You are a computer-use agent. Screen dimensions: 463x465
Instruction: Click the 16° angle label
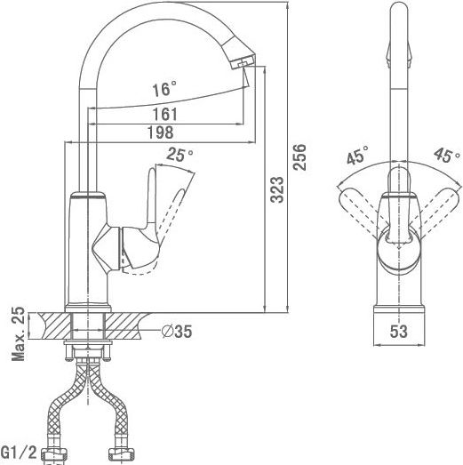tap(164, 89)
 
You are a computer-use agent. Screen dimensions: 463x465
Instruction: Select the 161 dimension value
tap(164, 114)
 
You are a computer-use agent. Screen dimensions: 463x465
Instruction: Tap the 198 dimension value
tap(160, 132)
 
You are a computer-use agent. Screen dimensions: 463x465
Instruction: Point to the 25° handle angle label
tap(180, 154)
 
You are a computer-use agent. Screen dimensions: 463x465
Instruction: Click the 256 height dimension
tap(299, 156)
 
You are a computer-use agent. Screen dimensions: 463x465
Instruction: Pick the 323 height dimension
tap(277, 189)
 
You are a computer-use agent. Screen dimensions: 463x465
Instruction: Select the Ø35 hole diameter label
tap(177, 332)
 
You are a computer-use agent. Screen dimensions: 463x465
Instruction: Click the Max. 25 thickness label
tap(18, 333)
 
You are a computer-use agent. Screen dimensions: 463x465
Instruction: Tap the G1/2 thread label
tap(19, 453)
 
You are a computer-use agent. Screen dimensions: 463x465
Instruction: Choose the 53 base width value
tap(399, 332)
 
